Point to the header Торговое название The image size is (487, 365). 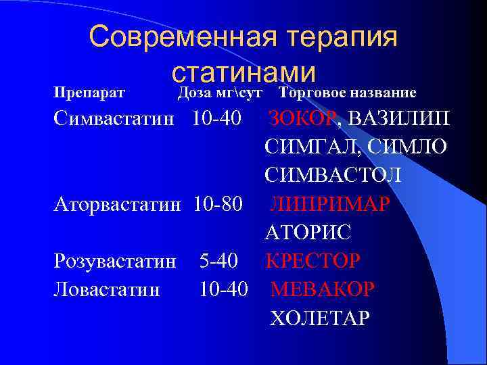347,93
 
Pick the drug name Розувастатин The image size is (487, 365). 115,260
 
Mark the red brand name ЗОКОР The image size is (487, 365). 302,118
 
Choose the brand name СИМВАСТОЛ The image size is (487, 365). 333,175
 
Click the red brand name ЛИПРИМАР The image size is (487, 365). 331,203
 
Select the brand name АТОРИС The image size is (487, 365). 308,232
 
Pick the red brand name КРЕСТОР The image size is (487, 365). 313,260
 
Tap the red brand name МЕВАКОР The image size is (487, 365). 322,289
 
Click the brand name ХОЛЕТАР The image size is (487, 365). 320,317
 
